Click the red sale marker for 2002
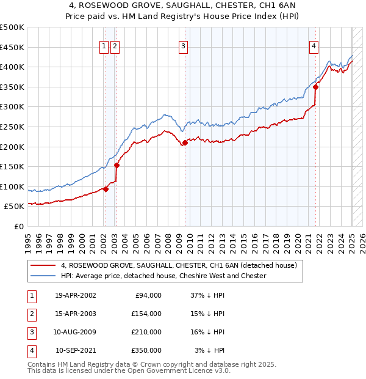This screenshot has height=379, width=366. pos(106,189)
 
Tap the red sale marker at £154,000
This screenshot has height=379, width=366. pos(116,165)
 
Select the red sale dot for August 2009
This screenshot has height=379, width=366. pos(184,143)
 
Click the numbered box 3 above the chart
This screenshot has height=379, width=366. pos(183,45)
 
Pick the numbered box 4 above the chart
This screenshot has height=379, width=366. pos(313,45)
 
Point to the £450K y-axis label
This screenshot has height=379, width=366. pos(12,47)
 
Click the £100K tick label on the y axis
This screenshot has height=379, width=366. pos(12,186)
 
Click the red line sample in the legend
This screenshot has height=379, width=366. pos(43,265)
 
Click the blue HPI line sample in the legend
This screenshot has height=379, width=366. pos(43,276)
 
